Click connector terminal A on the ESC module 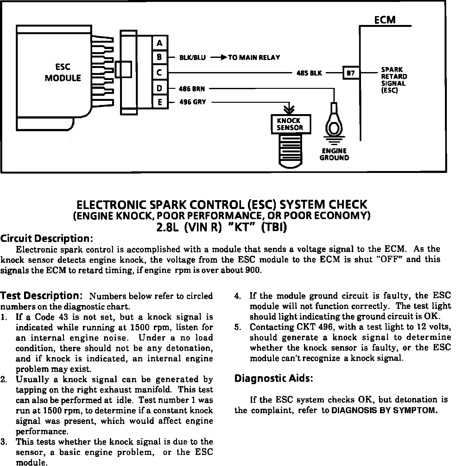160,43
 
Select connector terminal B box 160,58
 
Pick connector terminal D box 160,88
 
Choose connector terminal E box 160,102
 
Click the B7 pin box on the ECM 351,73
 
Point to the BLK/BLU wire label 192,58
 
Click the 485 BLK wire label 309,73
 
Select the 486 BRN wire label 192,89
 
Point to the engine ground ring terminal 334,126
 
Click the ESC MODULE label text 63,73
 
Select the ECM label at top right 385,20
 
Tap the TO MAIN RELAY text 254,58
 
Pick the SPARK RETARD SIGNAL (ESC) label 394,80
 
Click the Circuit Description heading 47,238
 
